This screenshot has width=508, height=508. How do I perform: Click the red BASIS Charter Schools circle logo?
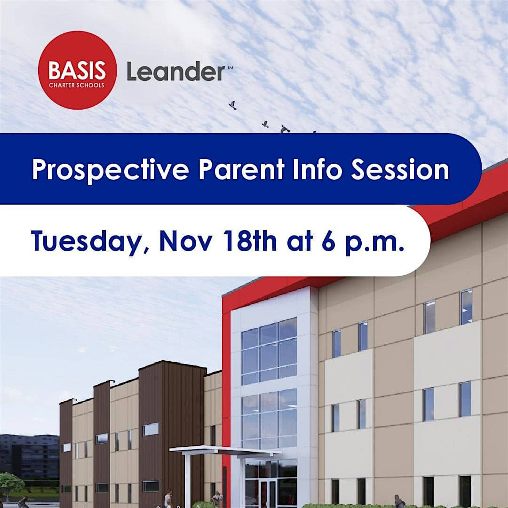tap(78, 70)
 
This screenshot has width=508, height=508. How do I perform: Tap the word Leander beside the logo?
tap(176, 71)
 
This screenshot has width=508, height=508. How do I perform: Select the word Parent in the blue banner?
tap(241, 169)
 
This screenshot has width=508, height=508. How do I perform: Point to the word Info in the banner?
tap(317, 169)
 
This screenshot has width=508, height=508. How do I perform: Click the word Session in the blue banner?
tap(400, 169)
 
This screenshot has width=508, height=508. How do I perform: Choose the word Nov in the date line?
tap(186, 241)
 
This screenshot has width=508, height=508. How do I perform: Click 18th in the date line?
tap(249, 241)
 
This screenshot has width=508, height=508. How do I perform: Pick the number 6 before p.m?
tap(328, 241)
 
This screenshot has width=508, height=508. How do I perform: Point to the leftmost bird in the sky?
tap(232, 105)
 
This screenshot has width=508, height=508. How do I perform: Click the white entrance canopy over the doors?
tap(225, 451)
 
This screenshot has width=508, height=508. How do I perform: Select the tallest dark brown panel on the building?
tap(172, 434)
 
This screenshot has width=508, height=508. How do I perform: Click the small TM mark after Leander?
tap(230, 67)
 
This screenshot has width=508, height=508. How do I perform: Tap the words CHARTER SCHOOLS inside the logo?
tap(77, 85)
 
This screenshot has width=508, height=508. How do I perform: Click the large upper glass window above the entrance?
tap(269, 351)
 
